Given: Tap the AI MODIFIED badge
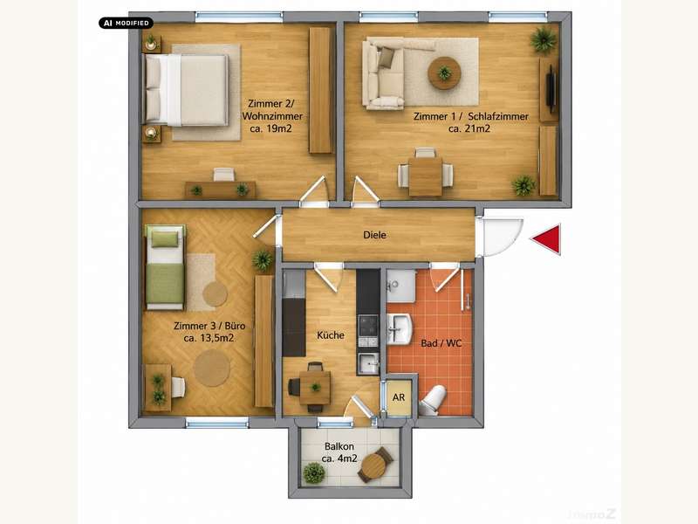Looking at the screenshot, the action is (126, 23).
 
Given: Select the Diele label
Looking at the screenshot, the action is (375, 235).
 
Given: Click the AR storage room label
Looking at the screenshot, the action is (399, 396).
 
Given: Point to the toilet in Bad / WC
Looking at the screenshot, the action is (432, 400).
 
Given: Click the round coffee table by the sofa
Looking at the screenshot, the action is (444, 72).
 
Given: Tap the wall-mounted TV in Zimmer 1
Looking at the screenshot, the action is (551, 89).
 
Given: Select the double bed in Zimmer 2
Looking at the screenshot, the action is (185, 90).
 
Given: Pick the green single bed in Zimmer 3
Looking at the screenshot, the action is (165, 267).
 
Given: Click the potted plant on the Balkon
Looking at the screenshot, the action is (314, 472).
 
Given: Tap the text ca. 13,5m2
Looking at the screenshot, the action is (209, 338).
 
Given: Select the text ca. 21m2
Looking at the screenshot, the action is (469, 128).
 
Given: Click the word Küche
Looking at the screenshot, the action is (331, 335).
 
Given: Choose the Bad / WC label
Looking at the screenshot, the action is (441, 343).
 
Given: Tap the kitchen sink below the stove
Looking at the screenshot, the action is (368, 363).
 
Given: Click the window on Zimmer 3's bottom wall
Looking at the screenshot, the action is (216, 423).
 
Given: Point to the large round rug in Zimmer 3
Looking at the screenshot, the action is (212, 368).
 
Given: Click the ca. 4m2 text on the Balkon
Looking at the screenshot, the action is (339, 458).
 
